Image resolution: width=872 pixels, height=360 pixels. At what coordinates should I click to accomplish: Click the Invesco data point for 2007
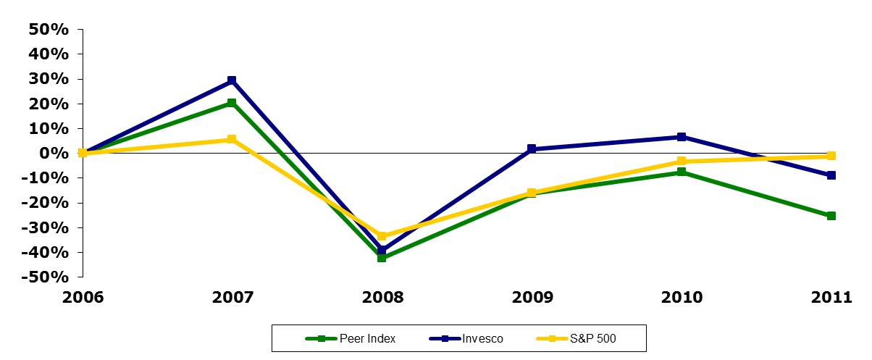coord(232,80)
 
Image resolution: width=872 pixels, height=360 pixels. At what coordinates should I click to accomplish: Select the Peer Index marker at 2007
coord(232,103)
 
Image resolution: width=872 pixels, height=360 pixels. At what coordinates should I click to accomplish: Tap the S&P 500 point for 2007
coord(232,139)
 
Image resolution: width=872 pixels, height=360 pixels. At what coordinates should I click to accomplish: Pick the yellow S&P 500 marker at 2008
coord(382,236)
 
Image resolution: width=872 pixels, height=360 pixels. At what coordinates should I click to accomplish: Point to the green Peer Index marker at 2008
coord(382,257)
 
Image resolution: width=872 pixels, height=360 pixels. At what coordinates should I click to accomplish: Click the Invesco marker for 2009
coord(532,148)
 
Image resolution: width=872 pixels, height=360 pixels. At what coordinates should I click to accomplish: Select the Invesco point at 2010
coord(682,137)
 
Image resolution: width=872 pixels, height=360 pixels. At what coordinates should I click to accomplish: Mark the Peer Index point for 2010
coord(682,172)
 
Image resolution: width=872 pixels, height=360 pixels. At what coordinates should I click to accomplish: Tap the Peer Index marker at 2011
coord(831,216)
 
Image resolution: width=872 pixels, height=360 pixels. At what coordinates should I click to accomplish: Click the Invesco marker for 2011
coord(831,175)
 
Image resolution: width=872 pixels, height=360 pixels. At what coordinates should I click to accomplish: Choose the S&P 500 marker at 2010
coord(682,161)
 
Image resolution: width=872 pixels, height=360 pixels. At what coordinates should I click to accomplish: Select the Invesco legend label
coord(482,338)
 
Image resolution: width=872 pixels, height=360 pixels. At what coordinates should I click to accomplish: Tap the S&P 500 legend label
coord(593,338)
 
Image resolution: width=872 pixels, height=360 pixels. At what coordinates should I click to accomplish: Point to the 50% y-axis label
coord(49,29)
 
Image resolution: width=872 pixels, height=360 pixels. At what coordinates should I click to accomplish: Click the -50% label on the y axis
coord(45,277)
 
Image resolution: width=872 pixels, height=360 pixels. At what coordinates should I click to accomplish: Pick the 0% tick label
coord(54,153)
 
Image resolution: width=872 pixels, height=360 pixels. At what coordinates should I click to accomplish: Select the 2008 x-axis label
coord(382,298)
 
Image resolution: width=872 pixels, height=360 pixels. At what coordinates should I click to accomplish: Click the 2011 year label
coord(831,298)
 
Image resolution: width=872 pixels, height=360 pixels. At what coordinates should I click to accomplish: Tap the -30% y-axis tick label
coord(45,227)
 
